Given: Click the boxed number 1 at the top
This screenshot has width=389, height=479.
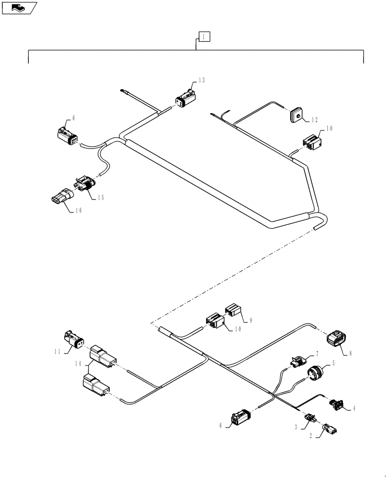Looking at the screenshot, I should click(x=204, y=36).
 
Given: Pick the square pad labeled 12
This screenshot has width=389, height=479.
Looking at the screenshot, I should click(x=297, y=115).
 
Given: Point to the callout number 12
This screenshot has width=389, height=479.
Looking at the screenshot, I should click(x=314, y=119).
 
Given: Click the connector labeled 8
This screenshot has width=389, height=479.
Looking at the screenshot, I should click(x=338, y=340).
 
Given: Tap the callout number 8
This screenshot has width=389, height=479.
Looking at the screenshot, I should click(x=350, y=354).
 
